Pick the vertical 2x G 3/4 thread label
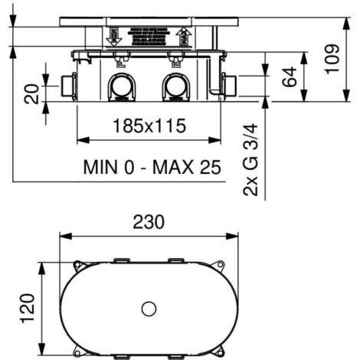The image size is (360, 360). tap(250, 161)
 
